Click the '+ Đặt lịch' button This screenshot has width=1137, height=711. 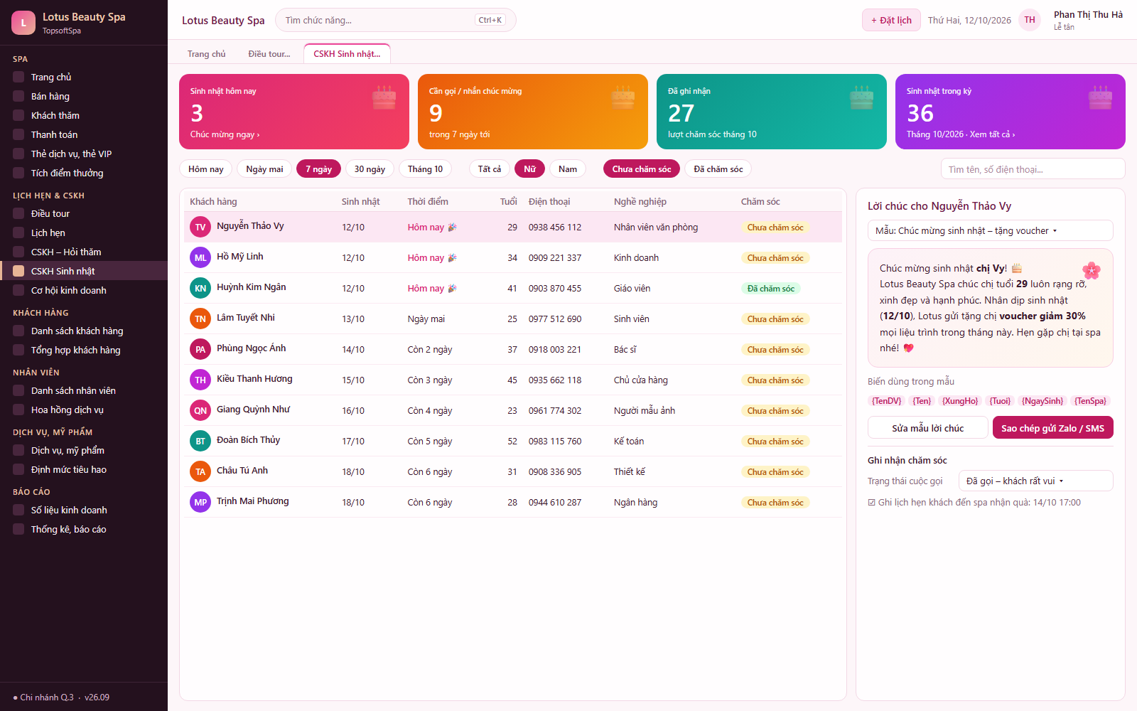point(891,21)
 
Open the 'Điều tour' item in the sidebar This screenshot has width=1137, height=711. point(50,213)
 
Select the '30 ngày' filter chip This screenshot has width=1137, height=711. point(370,169)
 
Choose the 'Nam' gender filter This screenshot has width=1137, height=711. point(568,169)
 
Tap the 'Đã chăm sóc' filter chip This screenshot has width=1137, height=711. point(718,169)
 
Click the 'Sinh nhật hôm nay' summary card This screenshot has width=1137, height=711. point(294,112)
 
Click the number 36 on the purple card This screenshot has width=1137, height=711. point(920,113)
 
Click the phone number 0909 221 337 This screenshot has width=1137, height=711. point(555,257)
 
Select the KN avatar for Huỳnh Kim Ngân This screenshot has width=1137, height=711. point(200,288)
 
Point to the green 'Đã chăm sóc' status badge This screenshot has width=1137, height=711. point(770,289)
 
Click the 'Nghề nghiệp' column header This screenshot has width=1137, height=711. point(640,202)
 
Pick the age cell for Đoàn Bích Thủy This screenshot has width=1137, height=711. point(512,442)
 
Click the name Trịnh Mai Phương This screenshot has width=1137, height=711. point(253,501)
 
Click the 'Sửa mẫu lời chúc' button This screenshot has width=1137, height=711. point(927,428)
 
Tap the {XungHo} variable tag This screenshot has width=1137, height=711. point(960,401)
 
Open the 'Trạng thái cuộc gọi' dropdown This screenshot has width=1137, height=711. point(1035,481)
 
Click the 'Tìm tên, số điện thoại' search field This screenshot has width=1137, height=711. point(1033,169)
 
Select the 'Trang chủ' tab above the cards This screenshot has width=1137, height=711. point(206,54)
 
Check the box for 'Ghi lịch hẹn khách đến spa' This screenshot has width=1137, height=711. point(871,502)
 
